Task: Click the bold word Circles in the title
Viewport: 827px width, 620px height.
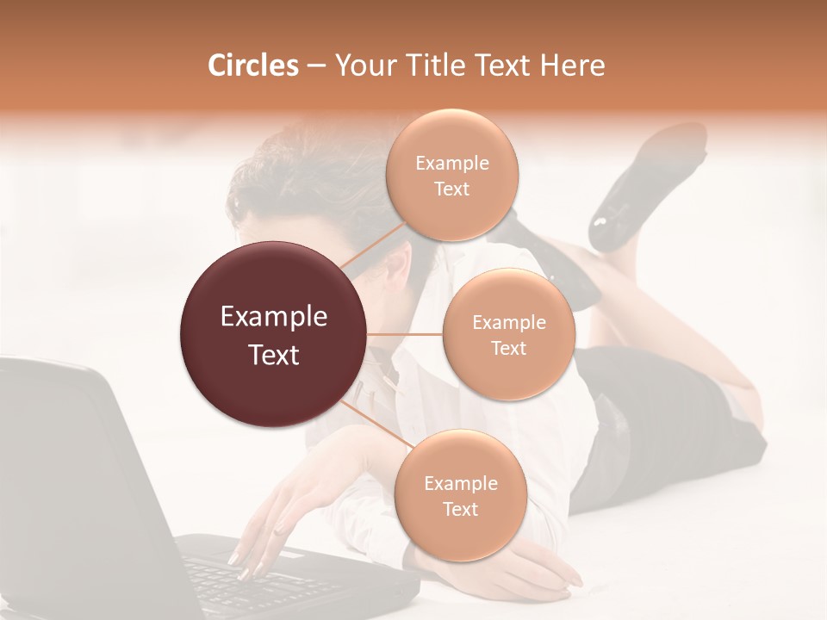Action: [252, 65]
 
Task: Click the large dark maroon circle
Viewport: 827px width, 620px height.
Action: [273, 334]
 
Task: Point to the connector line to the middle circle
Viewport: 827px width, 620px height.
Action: [405, 334]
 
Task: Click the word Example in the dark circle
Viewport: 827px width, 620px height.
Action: [273, 317]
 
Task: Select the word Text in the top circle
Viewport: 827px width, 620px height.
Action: [452, 189]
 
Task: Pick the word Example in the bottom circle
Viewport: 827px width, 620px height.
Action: [460, 483]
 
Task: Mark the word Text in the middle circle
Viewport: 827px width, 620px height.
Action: [508, 348]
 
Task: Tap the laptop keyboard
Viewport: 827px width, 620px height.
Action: [258, 581]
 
